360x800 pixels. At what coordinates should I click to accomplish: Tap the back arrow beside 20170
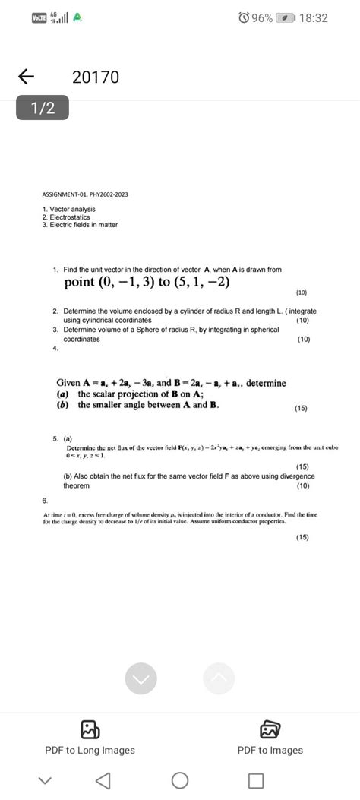(x=26, y=77)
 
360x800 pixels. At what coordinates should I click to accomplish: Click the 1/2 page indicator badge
(x=43, y=109)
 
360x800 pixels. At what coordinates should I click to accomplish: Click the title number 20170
(x=96, y=77)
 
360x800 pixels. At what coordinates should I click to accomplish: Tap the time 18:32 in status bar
(x=312, y=17)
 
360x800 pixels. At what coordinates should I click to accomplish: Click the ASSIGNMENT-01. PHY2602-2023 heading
(x=85, y=194)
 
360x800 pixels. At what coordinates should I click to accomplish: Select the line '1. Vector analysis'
(x=67, y=209)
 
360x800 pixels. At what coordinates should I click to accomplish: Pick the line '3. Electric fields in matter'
(x=80, y=225)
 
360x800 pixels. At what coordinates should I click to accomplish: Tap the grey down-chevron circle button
(x=141, y=678)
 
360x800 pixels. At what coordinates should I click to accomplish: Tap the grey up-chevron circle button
(x=219, y=678)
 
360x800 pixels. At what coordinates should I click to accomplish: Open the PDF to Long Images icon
(x=90, y=729)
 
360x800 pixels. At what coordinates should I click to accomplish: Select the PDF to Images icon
(x=270, y=729)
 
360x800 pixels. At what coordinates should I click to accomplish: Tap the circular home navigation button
(x=180, y=780)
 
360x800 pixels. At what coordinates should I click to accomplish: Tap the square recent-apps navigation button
(x=256, y=780)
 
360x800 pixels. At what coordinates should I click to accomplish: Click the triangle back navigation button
(x=104, y=780)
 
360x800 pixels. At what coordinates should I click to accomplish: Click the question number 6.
(x=46, y=501)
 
